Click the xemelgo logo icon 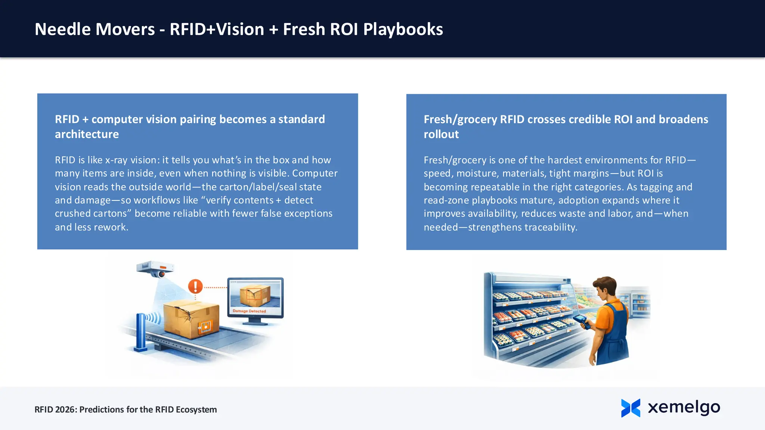(x=631, y=408)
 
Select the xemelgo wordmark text (x=684, y=408)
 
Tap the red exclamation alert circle (x=195, y=287)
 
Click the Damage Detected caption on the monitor (x=249, y=311)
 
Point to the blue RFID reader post (x=141, y=332)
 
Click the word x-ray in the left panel (x=117, y=160)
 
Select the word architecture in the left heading (x=87, y=134)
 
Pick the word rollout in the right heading (x=441, y=134)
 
